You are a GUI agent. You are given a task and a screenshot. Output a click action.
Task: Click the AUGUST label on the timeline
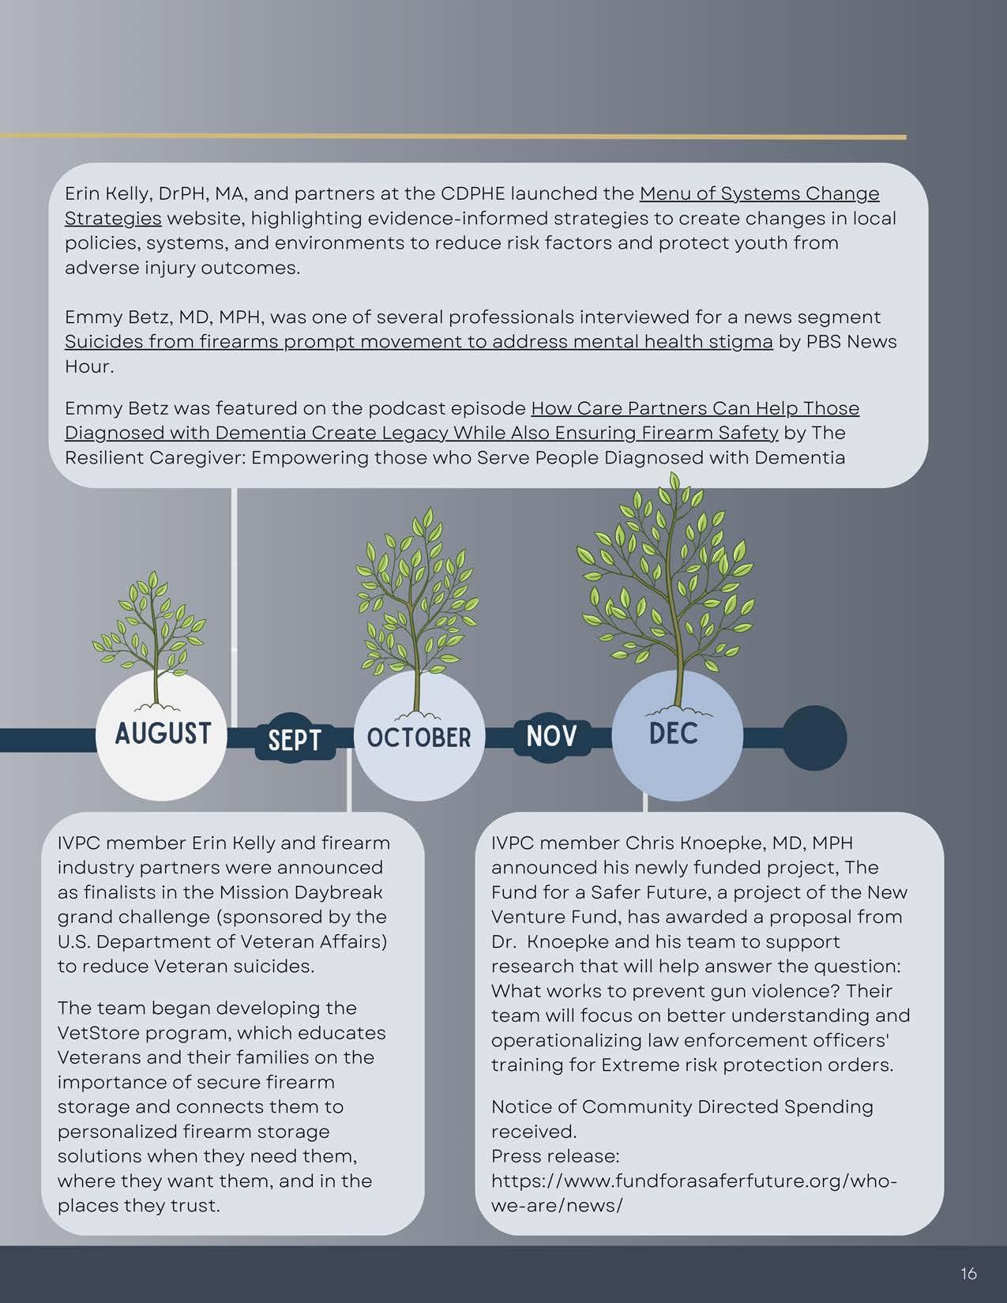(x=163, y=734)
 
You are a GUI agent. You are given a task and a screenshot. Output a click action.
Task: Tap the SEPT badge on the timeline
(x=295, y=741)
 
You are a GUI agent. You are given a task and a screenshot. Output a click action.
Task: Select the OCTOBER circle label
(x=419, y=738)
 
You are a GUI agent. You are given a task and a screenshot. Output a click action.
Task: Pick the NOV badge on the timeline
(x=550, y=736)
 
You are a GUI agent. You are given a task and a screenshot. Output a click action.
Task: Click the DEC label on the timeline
(x=674, y=734)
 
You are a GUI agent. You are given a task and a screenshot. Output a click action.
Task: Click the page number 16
(x=968, y=1273)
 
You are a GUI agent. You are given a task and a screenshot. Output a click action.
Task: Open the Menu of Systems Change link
(x=758, y=193)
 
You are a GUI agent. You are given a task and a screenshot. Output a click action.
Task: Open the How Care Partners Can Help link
(x=695, y=408)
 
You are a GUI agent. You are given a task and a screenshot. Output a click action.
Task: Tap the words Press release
(x=554, y=1156)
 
